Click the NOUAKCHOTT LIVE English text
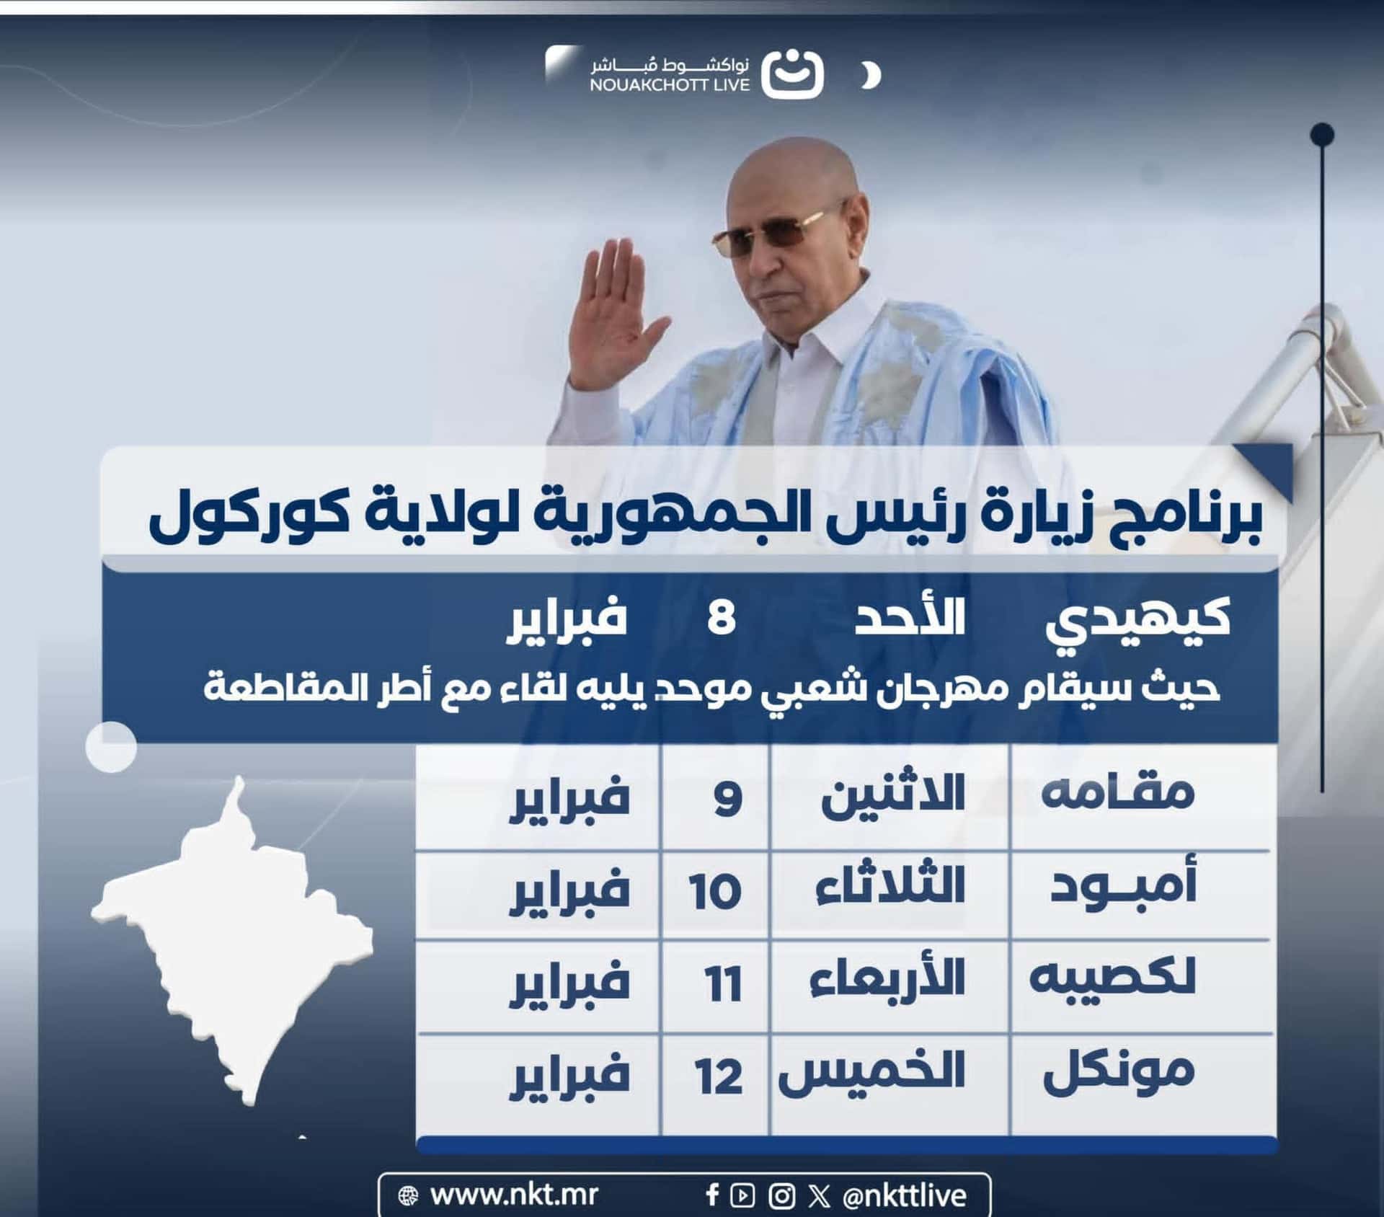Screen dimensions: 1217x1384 point(670,85)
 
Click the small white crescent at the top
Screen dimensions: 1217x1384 point(871,75)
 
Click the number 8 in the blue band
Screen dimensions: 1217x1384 point(721,619)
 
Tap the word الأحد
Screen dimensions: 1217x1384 point(910,619)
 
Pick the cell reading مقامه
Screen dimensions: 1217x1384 point(1118,794)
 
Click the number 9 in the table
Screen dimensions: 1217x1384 point(727,799)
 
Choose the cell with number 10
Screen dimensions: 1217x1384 point(714,892)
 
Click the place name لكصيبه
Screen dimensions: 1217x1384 point(1112,978)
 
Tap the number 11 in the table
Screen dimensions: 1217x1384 point(724,984)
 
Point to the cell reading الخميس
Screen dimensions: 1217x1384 point(871,1073)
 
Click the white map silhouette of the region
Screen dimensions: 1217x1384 point(231,937)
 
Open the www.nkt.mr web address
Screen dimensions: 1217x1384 point(513,1195)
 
